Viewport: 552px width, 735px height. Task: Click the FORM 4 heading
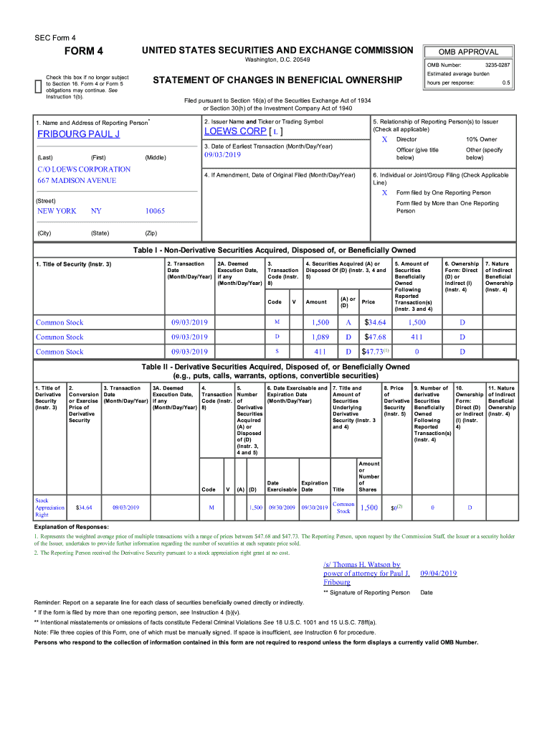(85, 51)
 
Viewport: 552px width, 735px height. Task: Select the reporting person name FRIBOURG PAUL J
(78, 134)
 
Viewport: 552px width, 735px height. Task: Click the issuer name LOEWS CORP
(235, 131)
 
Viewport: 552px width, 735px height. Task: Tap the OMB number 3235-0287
(495, 65)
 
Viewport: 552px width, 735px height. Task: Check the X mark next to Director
(384, 139)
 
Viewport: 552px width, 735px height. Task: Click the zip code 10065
(155, 211)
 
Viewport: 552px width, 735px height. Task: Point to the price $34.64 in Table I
(376, 322)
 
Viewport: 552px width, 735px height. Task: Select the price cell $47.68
(376, 337)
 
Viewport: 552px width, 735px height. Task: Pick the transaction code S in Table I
(277, 352)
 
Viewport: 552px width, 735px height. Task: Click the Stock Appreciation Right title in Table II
(49, 507)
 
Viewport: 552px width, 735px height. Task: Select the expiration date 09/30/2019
(315, 507)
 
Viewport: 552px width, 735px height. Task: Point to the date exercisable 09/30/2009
(282, 507)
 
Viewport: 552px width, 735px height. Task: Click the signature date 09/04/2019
(438, 574)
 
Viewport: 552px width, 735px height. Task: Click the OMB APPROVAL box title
(470, 52)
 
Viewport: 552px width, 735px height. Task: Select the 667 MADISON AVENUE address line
(76, 181)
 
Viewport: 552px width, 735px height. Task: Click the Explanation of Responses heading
(74, 525)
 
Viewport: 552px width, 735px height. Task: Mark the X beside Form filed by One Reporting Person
(384, 192)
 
